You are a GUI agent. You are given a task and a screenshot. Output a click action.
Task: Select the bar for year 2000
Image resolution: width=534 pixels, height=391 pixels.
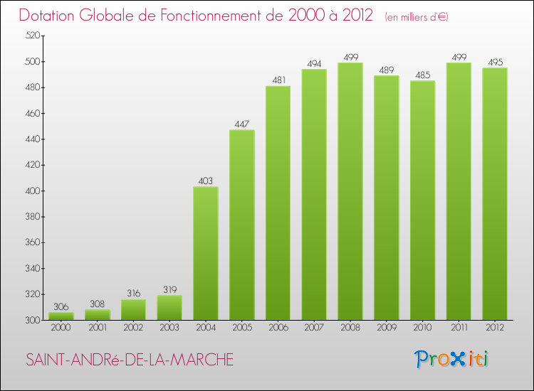coord(61,316)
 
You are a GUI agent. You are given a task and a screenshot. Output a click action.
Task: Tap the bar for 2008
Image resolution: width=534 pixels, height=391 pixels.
coord(350,191)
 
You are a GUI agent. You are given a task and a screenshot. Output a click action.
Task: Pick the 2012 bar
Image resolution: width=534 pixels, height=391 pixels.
coord(494,193)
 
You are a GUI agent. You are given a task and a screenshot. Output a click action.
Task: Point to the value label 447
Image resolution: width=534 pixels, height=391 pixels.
coord(242,124)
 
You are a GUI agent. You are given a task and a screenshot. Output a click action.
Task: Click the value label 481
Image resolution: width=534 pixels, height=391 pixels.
coord(278,80)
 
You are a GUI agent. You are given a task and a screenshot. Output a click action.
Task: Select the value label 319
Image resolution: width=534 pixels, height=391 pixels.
coord(169,289)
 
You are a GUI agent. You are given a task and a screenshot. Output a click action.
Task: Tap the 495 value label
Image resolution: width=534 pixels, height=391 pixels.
coord(494,62)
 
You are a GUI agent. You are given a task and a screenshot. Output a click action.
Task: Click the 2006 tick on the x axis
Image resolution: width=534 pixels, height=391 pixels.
coord(278,328)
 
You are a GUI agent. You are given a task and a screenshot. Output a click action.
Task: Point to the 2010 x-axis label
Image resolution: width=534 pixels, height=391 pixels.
coord(422,328)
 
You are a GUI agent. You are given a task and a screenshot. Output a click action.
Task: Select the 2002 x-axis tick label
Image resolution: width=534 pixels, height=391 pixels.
coord(133,328)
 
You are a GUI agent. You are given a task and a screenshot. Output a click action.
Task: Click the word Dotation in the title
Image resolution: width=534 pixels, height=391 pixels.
coord(51,16)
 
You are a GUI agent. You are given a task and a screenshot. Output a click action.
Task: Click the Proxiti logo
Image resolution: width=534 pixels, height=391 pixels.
coord(452,359)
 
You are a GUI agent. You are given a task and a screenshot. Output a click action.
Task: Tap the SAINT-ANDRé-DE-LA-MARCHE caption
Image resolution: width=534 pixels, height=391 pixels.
coord(130,360)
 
